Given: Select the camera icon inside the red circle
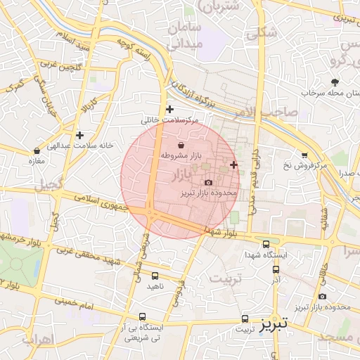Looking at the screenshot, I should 207,182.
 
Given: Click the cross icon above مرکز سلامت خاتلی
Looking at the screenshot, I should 169,109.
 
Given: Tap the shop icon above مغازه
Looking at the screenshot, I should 37,150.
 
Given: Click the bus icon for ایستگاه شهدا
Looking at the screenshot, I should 265,244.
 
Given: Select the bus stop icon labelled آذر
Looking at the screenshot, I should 276,269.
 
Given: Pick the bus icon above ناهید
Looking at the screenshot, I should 155,276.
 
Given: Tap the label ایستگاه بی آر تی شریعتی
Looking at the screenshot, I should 143,333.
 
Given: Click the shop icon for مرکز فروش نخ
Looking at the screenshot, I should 304,155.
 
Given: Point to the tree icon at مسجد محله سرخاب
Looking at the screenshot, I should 333,82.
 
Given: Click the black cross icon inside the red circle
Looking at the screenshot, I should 233,165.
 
